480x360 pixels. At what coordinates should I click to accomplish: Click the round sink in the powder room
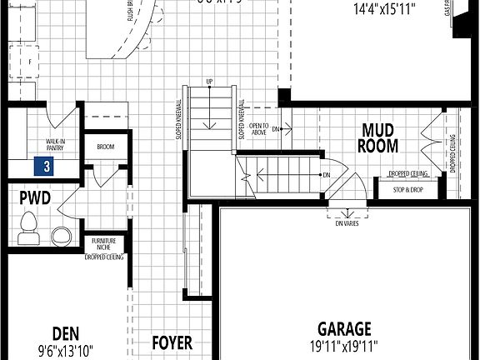(62, 235)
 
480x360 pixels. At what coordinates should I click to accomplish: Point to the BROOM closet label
(105, 147)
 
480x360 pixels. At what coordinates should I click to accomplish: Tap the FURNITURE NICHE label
(104, 244)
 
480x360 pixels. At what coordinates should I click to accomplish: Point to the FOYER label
(172, 342)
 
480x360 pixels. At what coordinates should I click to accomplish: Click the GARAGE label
(344, 329)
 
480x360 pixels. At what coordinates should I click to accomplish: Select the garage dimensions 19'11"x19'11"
(344, 346)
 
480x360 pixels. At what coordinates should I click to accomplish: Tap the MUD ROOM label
(379, 137)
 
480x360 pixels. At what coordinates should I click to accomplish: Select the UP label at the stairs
(209, 82)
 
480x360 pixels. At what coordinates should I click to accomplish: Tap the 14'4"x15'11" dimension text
(384, 10)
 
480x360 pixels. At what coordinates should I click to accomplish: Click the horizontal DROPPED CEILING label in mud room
(407, 174)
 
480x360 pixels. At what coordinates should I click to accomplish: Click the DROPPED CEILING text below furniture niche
(104, 257)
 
